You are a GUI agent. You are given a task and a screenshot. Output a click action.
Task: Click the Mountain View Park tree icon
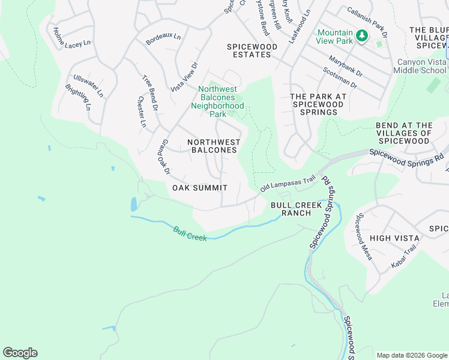point(362,36)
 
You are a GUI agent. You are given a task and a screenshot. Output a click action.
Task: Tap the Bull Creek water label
point(189,233)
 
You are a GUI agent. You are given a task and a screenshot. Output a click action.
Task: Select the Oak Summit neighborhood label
point(200,188)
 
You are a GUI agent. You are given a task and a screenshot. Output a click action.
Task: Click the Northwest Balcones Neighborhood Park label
point(217,101)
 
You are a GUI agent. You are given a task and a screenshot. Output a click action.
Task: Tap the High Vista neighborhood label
point(394,238)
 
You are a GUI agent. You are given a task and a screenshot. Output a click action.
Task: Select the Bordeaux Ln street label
point(163,39)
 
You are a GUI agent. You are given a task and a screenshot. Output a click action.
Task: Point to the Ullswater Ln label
point(88,86)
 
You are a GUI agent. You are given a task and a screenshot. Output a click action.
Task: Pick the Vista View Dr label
point(184,77)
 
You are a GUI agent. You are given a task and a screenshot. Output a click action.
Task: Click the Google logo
point(20,353)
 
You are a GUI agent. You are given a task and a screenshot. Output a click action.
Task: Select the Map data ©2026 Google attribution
point(411,355)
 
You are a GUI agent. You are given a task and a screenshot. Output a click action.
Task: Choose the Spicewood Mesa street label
point(364,237)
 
